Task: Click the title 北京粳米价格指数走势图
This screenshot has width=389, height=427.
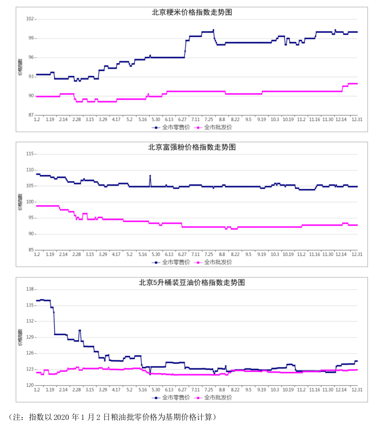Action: pyautogui.click(x=192, y=12)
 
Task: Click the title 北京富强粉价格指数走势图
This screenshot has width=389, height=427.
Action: pyautogui.click(x=192, y=147)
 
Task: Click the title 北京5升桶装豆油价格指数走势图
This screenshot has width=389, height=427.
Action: pyautogui.click(x=192, y=282)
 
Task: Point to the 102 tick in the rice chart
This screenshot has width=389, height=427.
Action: pyautogui.click(x=30, y=19)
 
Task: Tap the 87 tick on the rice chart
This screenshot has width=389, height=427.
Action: pyautogui.click(x=31, y=115)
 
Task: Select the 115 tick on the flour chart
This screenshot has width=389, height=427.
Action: pyautogui.click(x=30, y=154)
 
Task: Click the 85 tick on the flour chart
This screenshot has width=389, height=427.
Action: pyautogui.click(x=31, y=250)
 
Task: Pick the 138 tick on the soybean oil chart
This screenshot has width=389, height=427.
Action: pyautogui.click(x=30, y=289)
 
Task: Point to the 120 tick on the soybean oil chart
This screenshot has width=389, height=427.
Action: pyautogui.click(x=30, y=385)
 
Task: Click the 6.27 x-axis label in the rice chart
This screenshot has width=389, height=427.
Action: pyautogui.click(x=182, y=119)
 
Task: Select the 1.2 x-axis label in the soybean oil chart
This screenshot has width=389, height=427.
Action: pyautogui.click(x=37, y=390)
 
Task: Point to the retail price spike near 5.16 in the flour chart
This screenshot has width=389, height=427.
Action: pyautogui.click(x=150, y=176)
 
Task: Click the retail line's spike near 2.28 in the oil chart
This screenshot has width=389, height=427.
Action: pyautogui.click(x=79, y=330)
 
